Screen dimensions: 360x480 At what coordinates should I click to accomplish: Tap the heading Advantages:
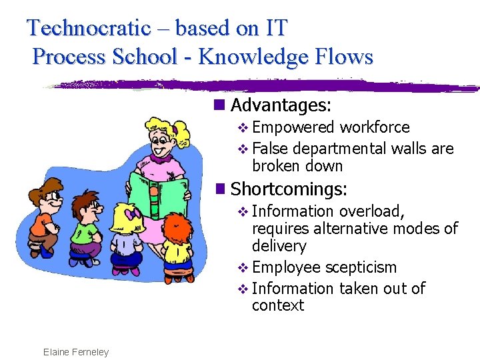pos(281,105)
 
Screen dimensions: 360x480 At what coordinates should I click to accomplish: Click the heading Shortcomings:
pos(288,189)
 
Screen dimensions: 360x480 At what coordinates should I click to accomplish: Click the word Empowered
pos(293,127)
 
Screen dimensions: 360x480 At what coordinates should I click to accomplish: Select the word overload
pos(371,211)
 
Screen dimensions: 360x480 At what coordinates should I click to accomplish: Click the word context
pos(277,305)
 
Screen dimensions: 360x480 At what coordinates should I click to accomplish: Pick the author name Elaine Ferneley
pos(75,351)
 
